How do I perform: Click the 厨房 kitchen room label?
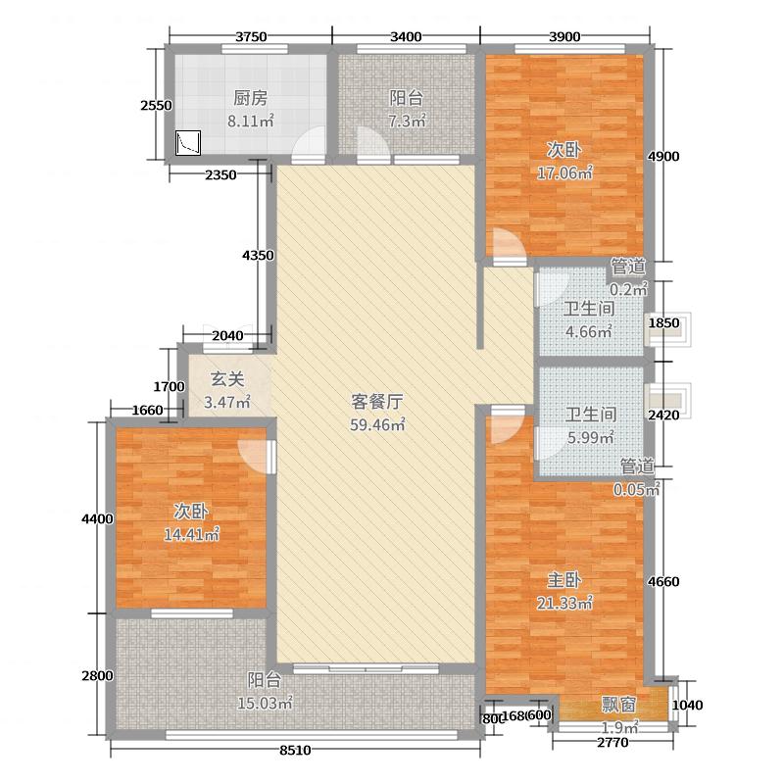click(x=251, y=98)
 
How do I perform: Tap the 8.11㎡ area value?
click(x=251, y=122)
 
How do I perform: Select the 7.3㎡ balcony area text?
click(x=408, y=122)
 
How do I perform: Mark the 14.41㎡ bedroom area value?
click(x=196, y=535)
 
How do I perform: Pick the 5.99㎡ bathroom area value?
click(x=589, y=438)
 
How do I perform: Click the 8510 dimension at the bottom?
click(x=295, y=751)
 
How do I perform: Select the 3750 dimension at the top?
click(x=251, y=37)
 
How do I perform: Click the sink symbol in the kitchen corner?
click(x=187, y=144)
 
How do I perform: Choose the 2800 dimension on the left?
click(x=98, y=675)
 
